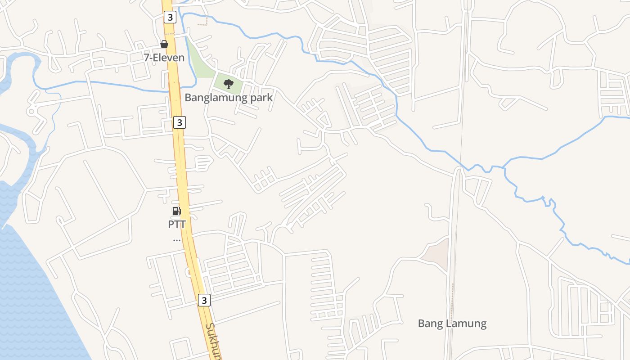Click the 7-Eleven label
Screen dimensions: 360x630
[164, 58]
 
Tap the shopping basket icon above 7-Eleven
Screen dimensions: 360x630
[164, 44]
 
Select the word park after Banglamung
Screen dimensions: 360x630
[261, 97]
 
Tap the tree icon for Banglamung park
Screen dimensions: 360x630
[229, 84]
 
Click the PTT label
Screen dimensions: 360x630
[177, 224]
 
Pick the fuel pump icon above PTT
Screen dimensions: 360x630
[177, 211]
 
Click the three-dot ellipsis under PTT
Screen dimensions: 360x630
[177, 240]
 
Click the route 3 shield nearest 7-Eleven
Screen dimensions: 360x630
[169, 18]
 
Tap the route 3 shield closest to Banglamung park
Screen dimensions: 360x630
[179, 122]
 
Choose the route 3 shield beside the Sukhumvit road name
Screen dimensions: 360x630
[204, 300]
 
